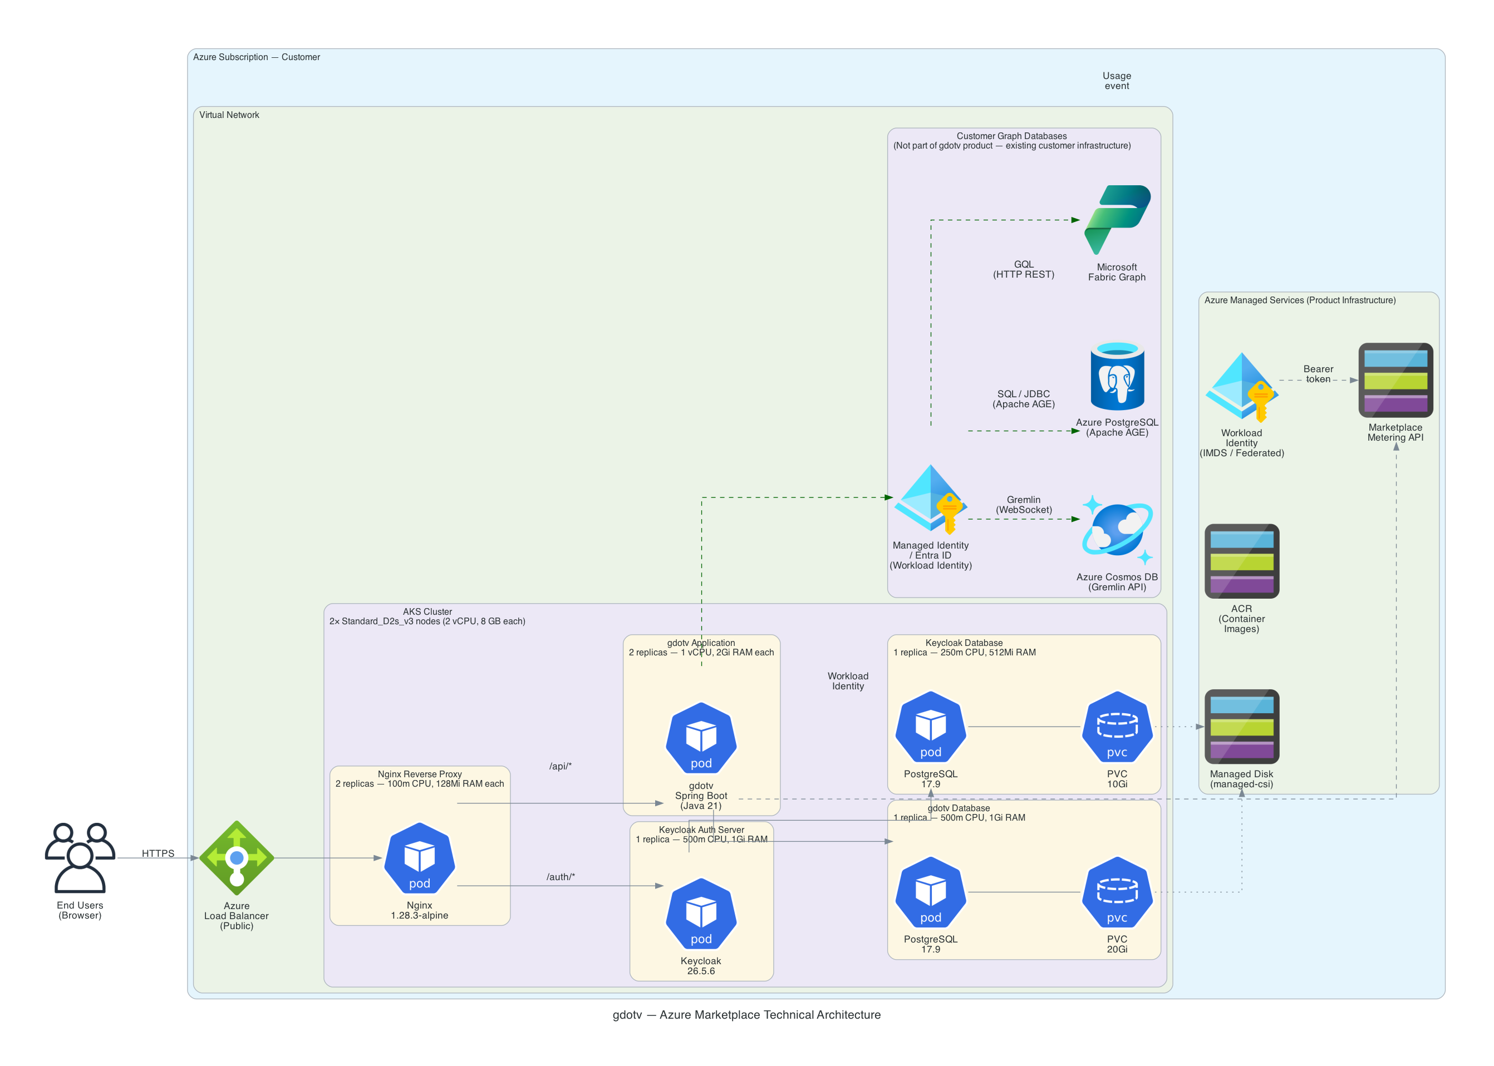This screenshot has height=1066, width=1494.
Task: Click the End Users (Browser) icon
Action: click(80, 857)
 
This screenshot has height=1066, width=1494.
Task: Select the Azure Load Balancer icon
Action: click(237, 857)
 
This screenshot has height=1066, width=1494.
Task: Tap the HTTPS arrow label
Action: click(158, 853)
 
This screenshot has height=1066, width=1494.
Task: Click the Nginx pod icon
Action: click(419, 857)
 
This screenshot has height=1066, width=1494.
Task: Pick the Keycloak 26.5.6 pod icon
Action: click(701, 913)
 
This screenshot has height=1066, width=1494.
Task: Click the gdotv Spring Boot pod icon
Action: click(701, 737)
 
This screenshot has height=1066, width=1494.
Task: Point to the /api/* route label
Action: click(560, 766)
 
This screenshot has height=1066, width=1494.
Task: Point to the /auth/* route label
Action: click(560, 876)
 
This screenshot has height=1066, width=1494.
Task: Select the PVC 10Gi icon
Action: click(1117, 726)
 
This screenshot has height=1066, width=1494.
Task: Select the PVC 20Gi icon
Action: click(1117, 891)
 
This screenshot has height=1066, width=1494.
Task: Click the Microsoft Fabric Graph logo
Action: click(1117, 219)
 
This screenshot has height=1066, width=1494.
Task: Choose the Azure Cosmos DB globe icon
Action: click(1117, 529)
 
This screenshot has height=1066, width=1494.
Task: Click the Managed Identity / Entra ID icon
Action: click(930, 499)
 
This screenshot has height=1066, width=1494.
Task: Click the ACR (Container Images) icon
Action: click(1241, 561)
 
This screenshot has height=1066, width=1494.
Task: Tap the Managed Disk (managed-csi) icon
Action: click(1241, 726)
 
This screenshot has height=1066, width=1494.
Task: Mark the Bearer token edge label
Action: click(1318, 373)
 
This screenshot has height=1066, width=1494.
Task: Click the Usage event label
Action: click(1117, 80)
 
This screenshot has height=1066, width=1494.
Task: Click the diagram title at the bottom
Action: click(746, 1014)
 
